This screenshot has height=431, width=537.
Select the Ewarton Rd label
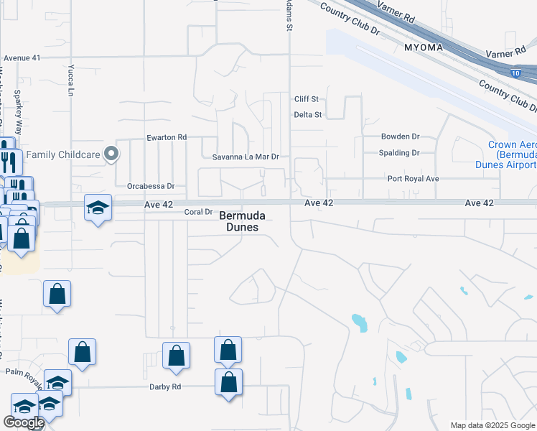(167, 137)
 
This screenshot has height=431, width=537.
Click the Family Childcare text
(61, 154)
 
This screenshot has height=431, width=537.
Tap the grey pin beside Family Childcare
(111, 154)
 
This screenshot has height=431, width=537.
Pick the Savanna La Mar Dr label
(245, 157)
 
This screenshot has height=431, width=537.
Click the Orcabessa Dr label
(151, 185)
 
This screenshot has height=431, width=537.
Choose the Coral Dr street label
(199, 212)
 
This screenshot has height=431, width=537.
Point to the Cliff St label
(306, 99)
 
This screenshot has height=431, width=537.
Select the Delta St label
(308, 114)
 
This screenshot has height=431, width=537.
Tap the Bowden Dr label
(400, 136)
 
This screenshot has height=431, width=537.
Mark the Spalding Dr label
(399, 153)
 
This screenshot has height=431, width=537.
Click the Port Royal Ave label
(413, 179)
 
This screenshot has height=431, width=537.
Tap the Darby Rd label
(164, 386)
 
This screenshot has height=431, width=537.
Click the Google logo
(24, 422)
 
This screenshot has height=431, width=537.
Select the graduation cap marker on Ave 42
(98, 208)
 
